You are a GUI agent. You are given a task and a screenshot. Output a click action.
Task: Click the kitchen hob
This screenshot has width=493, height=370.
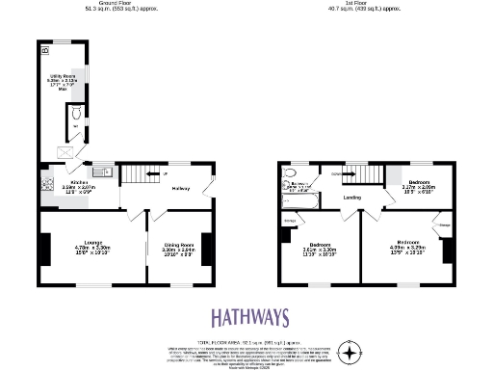pos(45,182)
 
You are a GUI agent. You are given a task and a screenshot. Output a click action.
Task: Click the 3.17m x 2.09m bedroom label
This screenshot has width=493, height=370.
pos(419,185)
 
